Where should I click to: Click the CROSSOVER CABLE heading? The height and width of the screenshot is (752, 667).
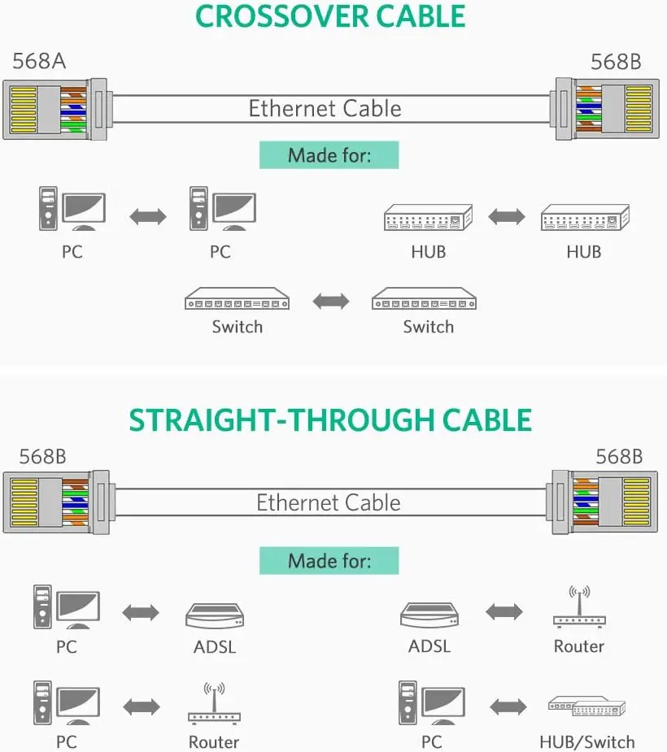(x=330, y=17)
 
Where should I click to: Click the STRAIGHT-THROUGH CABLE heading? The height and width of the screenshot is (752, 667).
(x=330, y=419)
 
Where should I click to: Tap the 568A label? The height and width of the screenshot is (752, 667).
(x=38, y=62)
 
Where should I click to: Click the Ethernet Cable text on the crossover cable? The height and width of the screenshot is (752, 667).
(x=325, y=109)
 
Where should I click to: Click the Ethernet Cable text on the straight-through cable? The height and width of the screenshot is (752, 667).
(x=329, y=502)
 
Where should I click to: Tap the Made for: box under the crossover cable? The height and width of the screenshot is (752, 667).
(x=329, y=155)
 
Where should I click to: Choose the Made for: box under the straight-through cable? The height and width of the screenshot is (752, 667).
(x=329, y=561)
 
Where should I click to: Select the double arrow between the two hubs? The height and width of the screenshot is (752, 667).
(x=506, y=216)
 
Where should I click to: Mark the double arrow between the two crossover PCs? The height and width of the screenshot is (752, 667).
(x=148, y=216)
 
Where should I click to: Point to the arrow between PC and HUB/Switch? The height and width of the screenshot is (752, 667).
(x=508, y=706)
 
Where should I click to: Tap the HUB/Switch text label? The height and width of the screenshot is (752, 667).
(x=586, y=741)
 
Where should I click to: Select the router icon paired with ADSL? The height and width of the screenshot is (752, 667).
(x=578, y=608)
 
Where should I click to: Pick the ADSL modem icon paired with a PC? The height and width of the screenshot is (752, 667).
(x=215, y=615)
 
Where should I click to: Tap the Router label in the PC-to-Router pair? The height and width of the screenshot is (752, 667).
(x=214, y=741)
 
